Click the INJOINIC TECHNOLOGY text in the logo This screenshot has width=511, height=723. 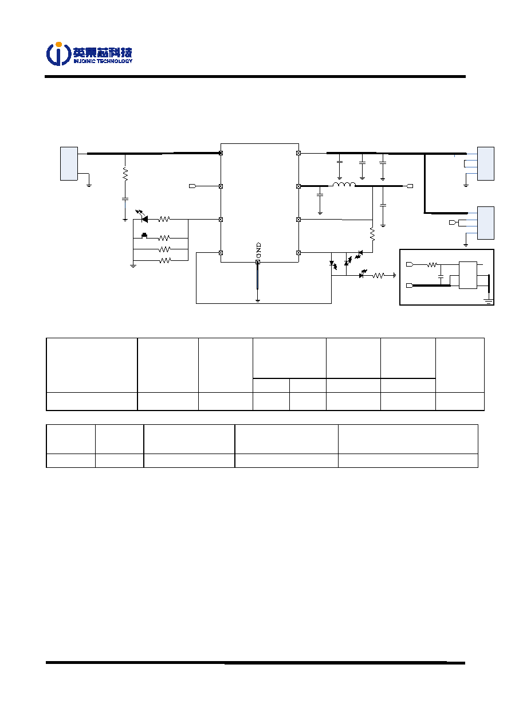(x=103, y=61)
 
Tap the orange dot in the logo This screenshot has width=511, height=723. (x=58, y=44)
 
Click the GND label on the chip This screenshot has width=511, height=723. (x=258, y=250)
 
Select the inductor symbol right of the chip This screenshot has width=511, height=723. (x=344, y=185)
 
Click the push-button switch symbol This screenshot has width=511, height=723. (x=144, y=236)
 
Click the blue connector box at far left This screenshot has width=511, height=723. (x=69, y=163)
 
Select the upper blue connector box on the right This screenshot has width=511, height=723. (x=486, y=163)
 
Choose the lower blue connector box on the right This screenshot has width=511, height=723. (x=486, y=223)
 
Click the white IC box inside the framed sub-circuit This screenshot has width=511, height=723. (x=468, y=275)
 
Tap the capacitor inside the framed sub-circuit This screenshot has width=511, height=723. (x=441, y=276)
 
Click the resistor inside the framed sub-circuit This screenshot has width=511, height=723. (x=432, y=265)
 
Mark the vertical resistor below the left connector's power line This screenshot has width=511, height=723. (x=125, y=174)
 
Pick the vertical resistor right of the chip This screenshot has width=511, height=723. (x=373, y=234)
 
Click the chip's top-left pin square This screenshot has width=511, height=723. (x=221, y=153)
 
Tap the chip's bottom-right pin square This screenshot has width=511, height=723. (x=298, y=253)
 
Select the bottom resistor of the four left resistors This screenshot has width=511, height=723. (x=165, y=260)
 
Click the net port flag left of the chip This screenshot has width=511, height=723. (x=192, y=186)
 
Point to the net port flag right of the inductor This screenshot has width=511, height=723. (x=410, y=186)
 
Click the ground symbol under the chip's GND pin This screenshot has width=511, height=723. (x=258, y=300)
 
